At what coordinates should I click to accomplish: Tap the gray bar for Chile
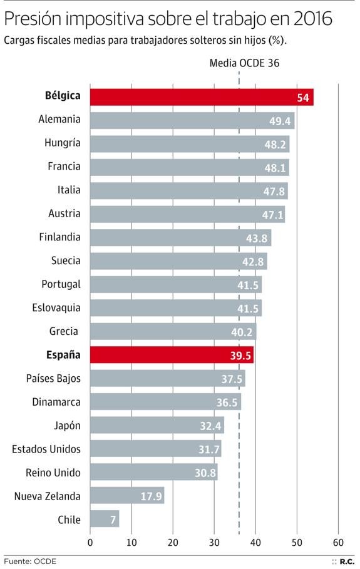104,519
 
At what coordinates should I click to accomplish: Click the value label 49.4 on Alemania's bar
280,121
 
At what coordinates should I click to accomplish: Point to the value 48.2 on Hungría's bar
275,145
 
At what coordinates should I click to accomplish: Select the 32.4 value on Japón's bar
210,426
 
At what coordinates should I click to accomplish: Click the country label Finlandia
59,237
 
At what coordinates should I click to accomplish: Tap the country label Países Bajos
53,379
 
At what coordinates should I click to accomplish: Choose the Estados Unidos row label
47,449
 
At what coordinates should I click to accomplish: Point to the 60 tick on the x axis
339,542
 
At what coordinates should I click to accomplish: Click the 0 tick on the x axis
90,542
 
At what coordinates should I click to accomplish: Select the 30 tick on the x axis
214,542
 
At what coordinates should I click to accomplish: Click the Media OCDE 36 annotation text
244,63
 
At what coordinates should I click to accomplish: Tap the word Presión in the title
34,21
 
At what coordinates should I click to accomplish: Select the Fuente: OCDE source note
30,561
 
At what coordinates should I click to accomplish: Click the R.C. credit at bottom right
348,561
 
